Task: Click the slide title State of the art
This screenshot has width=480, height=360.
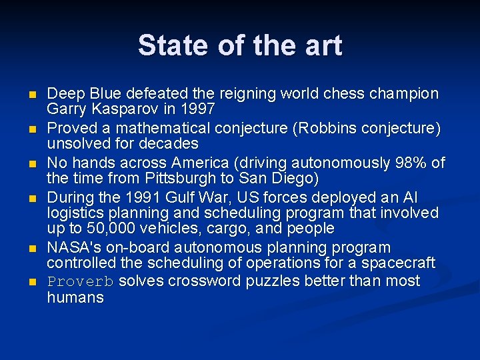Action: tap(240, 45)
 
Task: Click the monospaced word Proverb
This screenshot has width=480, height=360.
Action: tap(81, 281)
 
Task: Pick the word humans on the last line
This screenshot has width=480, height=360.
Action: tap(75, 297)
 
